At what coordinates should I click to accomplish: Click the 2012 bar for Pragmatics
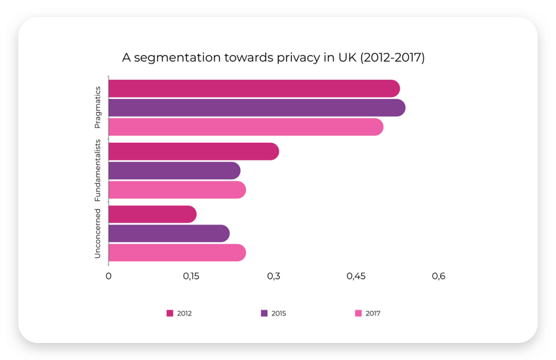254,88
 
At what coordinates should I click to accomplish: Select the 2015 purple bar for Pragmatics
256,107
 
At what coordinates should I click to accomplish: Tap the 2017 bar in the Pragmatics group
245,127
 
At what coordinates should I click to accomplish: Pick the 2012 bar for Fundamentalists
194,152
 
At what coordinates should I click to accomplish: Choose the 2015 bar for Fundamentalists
174,171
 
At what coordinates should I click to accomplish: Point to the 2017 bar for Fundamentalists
177,190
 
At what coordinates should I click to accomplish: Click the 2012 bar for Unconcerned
152,214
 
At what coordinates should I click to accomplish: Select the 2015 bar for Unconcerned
169,234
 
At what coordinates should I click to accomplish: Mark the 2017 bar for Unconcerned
177,253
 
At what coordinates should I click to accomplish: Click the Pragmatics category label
97,107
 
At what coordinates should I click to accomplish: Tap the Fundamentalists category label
97,170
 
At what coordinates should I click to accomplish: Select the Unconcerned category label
97,234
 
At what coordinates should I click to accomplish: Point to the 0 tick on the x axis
109,276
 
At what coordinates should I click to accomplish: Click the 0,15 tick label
191,276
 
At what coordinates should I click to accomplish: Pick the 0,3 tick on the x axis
273,276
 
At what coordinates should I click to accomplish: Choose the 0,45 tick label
356,276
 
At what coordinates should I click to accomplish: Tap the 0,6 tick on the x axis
438,276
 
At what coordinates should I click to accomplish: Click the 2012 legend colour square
170,314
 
